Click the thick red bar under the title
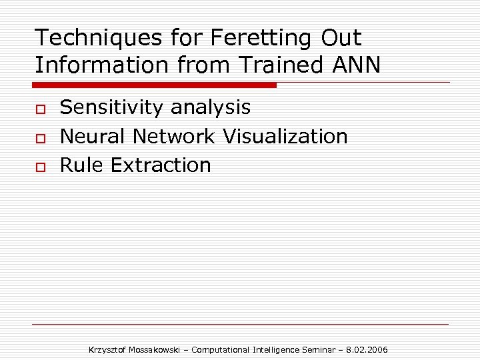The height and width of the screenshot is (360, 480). (x=154, y=85)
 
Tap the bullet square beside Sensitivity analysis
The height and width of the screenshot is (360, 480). (x=40, y=109)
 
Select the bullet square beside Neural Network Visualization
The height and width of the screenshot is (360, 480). (x=40, y=137)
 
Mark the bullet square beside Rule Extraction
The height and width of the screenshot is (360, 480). (x=40, y=166)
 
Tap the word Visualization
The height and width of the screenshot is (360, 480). (x=285, y=136)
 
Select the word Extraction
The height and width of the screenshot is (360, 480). (x=161, y=165)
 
